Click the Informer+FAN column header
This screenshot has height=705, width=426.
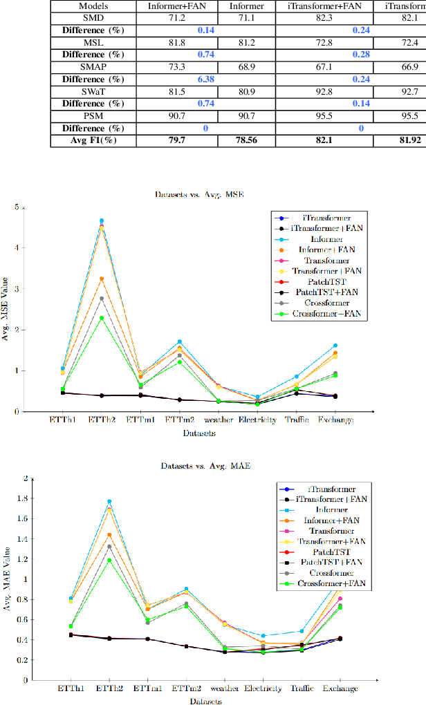point(177,6)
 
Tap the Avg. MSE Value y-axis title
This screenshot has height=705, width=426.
point(6,309)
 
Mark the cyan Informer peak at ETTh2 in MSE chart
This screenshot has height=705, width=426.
point(102,220)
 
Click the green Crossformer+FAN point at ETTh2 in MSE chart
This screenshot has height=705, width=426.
point(102,319)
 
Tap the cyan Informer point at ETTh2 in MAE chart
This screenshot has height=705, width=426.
point(109,501)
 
